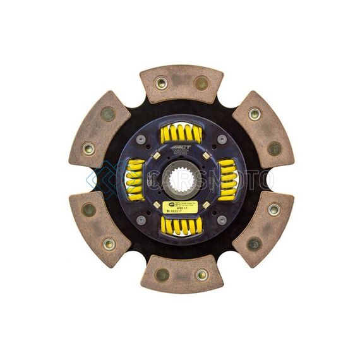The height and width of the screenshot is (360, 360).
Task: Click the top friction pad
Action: click(181, 82)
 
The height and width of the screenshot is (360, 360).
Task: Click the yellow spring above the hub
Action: click(181, 133)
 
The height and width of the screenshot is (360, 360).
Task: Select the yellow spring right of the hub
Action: click(227, 179)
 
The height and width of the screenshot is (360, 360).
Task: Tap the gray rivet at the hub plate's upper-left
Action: click(141, 140)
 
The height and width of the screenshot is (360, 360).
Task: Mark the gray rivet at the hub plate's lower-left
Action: click(141, 220)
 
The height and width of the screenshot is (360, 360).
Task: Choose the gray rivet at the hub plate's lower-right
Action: click(222, 220)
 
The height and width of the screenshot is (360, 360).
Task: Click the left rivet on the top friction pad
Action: click(160, 83)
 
